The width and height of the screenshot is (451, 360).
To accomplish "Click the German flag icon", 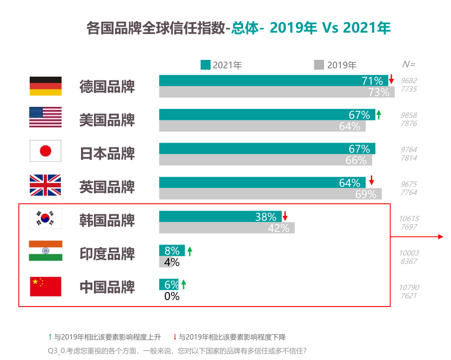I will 45,86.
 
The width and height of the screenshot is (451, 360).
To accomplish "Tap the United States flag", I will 45,117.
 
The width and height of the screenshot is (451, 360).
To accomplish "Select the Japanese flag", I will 45,151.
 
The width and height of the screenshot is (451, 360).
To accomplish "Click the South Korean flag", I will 45,219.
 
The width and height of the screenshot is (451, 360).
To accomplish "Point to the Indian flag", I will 45,251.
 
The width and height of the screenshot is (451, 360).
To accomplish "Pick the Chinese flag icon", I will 45,286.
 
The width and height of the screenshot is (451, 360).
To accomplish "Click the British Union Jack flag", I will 45,185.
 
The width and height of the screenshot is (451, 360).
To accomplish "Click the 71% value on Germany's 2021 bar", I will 372,81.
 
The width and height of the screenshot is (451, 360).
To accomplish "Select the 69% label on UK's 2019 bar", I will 366,194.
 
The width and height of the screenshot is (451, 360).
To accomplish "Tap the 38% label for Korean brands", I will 266,217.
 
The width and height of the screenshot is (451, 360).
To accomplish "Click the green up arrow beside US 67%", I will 379,114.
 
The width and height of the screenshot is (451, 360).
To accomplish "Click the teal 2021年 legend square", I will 205,65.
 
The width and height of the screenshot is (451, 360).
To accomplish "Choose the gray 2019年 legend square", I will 319,65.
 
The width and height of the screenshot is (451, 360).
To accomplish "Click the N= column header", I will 409,64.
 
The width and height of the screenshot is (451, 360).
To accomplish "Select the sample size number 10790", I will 409,288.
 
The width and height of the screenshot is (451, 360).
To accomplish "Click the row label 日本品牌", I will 107,153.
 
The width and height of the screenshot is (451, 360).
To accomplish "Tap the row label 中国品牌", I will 107,287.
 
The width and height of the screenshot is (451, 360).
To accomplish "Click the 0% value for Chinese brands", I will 172,296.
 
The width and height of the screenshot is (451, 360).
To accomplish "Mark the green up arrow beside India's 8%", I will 190,250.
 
